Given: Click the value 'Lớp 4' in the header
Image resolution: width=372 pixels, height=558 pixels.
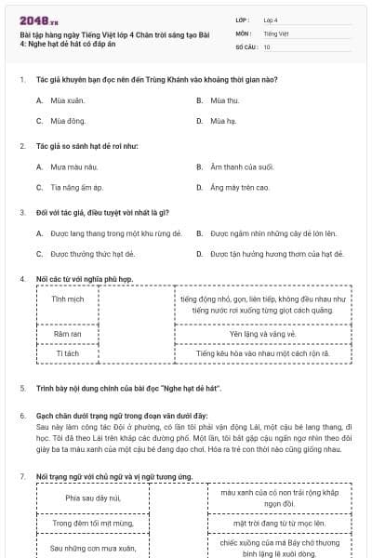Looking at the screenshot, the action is pos(271,19).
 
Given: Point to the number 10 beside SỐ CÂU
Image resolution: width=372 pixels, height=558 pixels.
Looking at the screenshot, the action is pos(267,46).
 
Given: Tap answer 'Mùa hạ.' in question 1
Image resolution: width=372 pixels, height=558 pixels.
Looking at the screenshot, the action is pos(222,121).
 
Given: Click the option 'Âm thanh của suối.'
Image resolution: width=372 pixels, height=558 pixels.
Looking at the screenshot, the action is pos(241,166).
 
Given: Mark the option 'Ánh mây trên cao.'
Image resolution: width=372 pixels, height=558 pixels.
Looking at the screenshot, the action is pos(239,187).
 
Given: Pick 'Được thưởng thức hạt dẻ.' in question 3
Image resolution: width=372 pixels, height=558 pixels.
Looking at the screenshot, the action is pos(92,253).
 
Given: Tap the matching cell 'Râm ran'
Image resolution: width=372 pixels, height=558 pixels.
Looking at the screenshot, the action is pos(68,333).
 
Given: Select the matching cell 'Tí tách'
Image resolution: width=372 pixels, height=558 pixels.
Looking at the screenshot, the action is pos(68,353).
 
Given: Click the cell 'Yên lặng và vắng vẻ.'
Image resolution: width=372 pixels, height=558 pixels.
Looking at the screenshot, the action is pos(262,333).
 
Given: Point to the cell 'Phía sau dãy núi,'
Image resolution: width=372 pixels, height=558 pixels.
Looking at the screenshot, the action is pos(93,498).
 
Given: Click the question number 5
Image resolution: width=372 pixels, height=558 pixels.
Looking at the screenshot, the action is pos(21,386).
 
